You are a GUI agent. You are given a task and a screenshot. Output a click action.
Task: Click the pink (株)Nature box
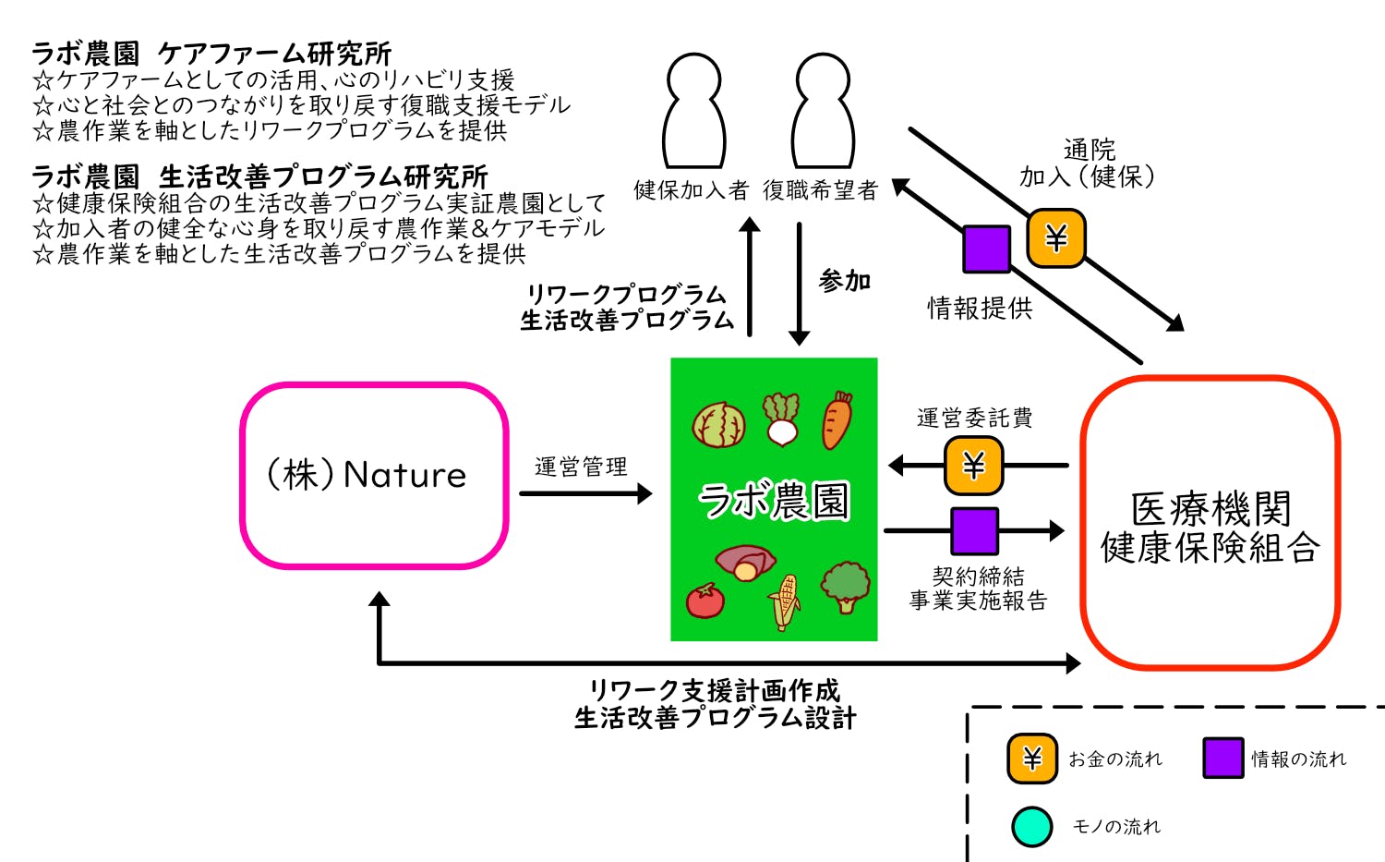[374, 475]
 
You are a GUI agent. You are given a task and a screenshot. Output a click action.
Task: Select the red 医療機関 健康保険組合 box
[1210, 522]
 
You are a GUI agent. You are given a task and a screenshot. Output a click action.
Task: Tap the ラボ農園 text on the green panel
[774, 501]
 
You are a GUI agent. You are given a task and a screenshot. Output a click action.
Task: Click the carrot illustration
[837, 420]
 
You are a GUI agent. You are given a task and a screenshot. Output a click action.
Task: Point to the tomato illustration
[705, 601]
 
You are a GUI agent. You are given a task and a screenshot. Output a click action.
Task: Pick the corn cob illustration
[784, 601]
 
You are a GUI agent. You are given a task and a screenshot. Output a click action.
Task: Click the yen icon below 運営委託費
[973, 465]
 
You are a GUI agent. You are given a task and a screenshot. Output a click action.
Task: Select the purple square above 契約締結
[974, 530]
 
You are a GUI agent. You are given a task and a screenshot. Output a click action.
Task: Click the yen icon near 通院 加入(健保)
[1056, 238]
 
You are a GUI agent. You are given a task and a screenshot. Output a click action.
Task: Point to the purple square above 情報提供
[986, 249]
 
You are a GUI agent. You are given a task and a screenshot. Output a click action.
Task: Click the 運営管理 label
[581, 467]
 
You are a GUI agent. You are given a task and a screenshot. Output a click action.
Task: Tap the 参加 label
[845, 281]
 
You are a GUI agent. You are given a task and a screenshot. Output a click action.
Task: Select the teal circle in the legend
[1031, 827]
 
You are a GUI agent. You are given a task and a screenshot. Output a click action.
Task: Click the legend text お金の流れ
[1115, 759]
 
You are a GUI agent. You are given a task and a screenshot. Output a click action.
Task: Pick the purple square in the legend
[1222, 759]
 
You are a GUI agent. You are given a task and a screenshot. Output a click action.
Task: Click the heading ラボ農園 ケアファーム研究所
[211, 54]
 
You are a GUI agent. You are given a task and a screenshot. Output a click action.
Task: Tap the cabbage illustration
[719, 425]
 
